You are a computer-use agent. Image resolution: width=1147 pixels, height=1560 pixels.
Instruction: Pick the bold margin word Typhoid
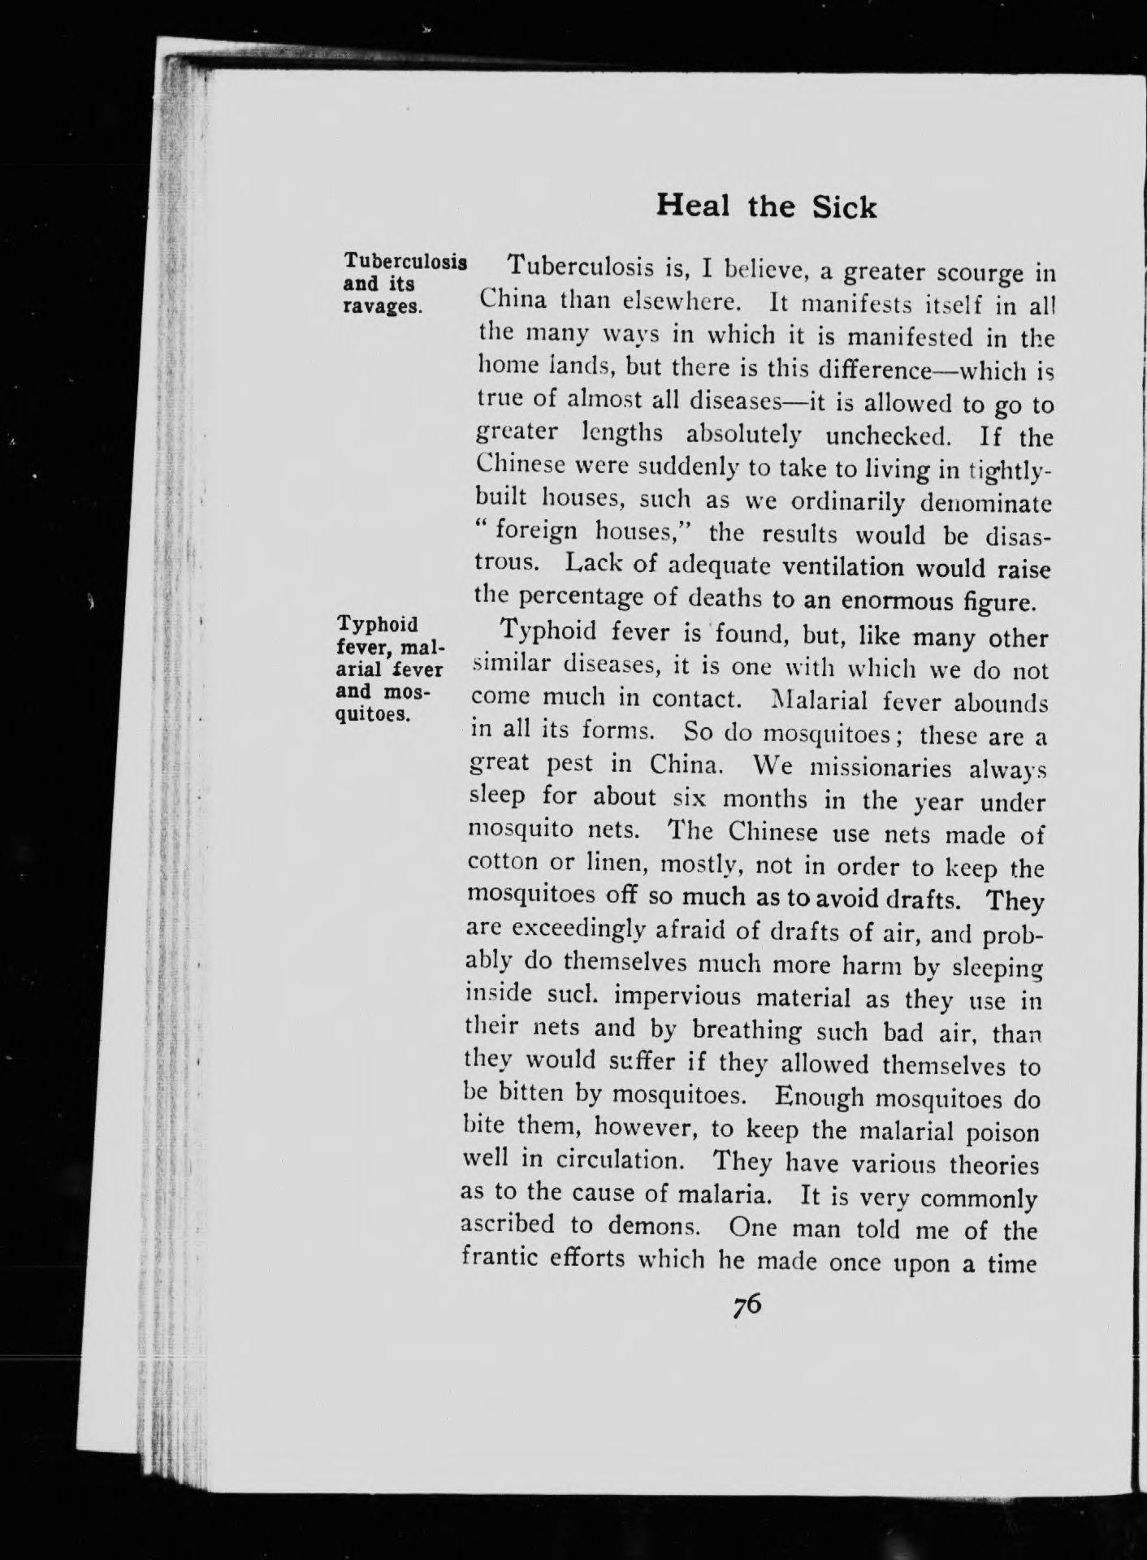point(377,625)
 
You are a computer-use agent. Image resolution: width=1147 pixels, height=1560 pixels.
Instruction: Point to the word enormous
point(904,602)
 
